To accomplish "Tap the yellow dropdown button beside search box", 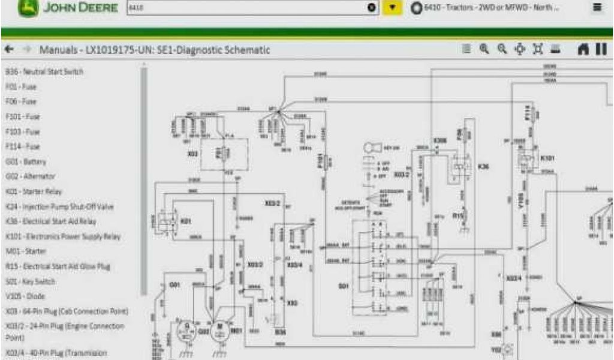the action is [x=392, y=8].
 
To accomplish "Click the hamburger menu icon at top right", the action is [x=597, y=8].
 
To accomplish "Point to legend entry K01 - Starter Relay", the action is [x=33, y=191].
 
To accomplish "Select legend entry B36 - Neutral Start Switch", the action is [x=44, y=72].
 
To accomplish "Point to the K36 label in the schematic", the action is [x=483, y=167].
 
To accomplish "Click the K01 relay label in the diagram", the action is [x=185, y=221].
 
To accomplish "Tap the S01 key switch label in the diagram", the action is [x=344, y=286].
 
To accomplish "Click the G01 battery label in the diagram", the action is [x=174, y=284].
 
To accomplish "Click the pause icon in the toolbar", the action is [x=601, y=50].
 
